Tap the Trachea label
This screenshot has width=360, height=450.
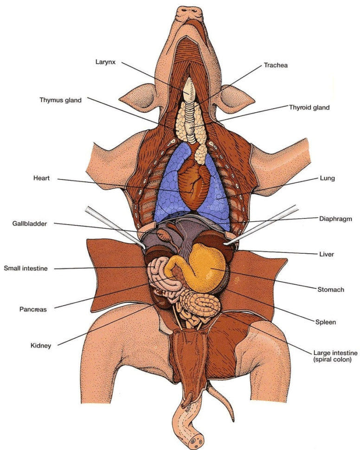click(x=276, y=65)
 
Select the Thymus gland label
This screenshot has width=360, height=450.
click(x=60, y=100)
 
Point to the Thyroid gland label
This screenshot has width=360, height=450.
click(x=309, y=108)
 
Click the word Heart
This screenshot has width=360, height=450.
click(x=41, y=178)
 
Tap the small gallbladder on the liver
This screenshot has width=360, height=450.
click(x=164, y=234)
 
